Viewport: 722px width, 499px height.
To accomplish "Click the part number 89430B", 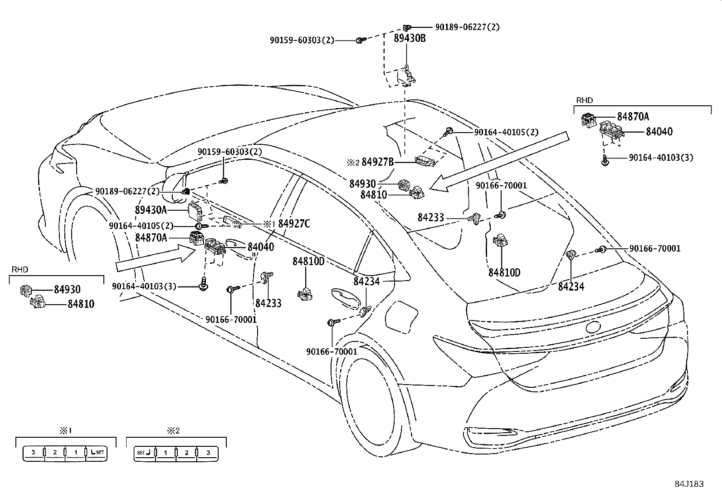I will click(410, 38).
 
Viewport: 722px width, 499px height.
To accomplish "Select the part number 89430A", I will click(151, 210).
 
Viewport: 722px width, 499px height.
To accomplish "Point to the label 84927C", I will click(294, 223).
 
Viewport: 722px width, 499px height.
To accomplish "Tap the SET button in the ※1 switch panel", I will click(97, 452).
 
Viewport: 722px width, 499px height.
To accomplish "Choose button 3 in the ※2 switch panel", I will click(208, 453).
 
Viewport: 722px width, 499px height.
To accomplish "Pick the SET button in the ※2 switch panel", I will click(144, 453).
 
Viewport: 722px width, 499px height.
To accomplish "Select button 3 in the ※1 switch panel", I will click(33, 452).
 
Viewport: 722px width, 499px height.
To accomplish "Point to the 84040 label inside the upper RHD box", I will click(659, 132).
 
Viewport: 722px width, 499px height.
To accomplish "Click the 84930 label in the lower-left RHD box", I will click(67, 290).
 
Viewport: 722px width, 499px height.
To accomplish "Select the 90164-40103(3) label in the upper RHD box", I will click(661, 158).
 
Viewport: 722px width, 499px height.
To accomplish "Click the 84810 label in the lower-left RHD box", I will click(81, 304).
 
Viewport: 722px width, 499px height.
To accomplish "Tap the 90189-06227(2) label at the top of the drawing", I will click(467, 27).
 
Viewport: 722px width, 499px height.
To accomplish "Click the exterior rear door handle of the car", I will click(347, 296).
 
